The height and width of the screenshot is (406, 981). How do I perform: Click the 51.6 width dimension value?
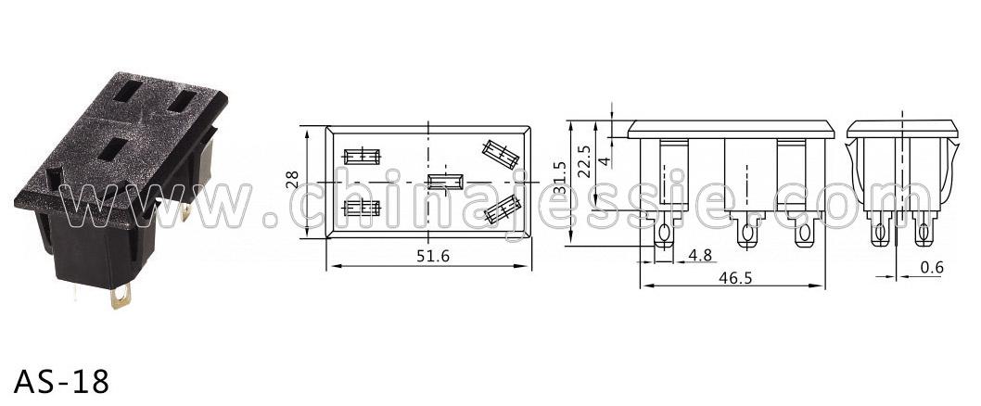click(x=433, y=256)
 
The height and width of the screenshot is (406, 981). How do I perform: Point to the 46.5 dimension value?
click(x=735, y=278)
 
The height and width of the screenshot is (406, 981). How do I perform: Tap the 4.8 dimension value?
click(x=700, y=255)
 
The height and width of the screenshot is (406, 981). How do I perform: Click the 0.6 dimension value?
click(x=932, y=268)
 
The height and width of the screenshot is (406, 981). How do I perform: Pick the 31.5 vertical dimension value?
click(x=560, y=177)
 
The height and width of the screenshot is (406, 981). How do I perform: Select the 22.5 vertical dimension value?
click(x=584, y=162)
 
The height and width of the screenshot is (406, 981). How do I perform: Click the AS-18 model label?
click(x=61, y=381)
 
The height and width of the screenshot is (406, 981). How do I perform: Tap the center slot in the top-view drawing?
click(x=445, y=182)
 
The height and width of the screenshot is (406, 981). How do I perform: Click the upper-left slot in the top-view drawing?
click(x=362, y=157)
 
